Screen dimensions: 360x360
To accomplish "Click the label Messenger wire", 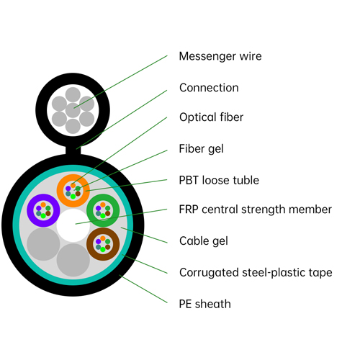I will [220, 56].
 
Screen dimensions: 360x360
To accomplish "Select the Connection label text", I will [209, 88].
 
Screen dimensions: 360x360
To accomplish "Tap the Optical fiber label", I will [211, 117].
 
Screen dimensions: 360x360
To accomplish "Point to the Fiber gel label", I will [201, 149].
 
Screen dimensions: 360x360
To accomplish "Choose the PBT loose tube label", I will [219, 180].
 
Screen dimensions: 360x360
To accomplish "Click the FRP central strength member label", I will [255, 210].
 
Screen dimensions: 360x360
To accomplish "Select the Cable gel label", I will [203, 240].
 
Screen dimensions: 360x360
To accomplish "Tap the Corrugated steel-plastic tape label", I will [256, 272].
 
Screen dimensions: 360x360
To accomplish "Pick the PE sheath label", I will [205, 304].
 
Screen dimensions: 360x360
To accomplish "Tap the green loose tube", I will [102, 210].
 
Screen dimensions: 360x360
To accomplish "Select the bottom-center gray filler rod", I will [73, 261].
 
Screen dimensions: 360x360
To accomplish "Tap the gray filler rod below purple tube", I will [42, 245].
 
